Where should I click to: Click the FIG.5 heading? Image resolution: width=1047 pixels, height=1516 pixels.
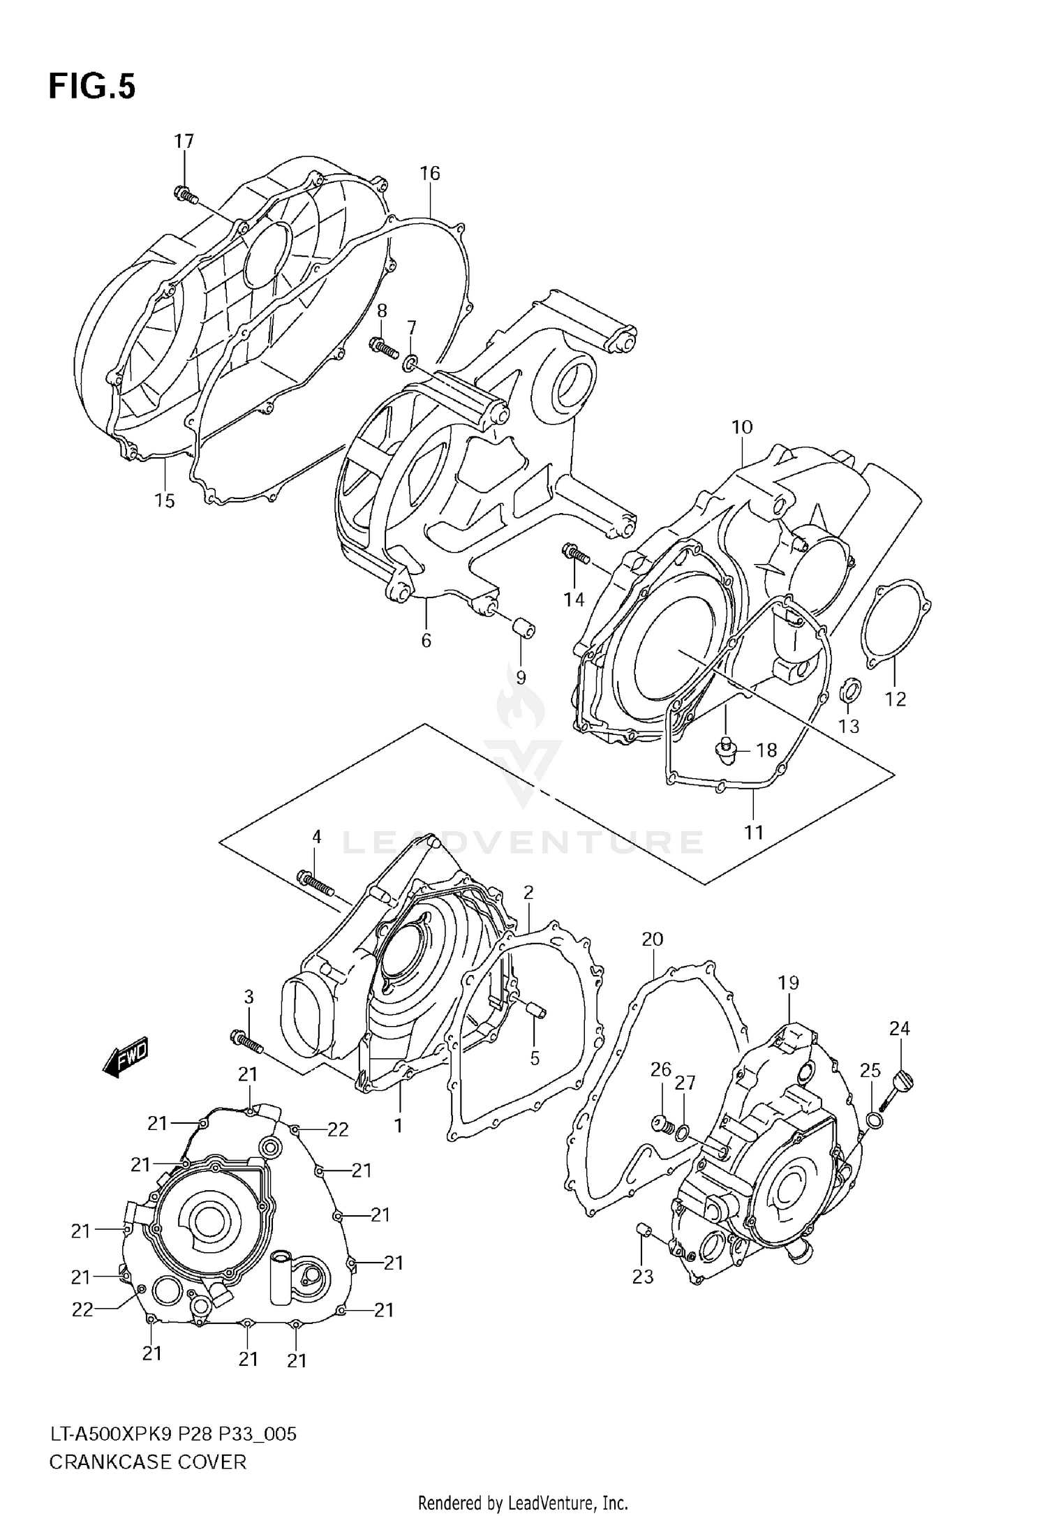[x=91, y=87]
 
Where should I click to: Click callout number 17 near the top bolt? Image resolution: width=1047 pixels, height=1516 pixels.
[x=184, y=142]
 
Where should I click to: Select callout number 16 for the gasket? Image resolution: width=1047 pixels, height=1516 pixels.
[x=430, y=173]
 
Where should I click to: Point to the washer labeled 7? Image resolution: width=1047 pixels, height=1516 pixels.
[x=410, y=362]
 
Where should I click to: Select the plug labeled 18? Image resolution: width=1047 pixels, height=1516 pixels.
[x=726, y=750]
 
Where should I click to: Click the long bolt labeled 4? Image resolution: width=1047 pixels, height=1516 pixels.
[x=315, y=883]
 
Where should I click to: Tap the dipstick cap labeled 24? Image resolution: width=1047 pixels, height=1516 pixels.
[x=903, y=1085]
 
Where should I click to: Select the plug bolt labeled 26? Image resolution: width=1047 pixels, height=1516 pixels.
[x=660, y=1124]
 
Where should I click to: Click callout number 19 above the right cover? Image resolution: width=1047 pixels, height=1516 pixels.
[x=788, y=983]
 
